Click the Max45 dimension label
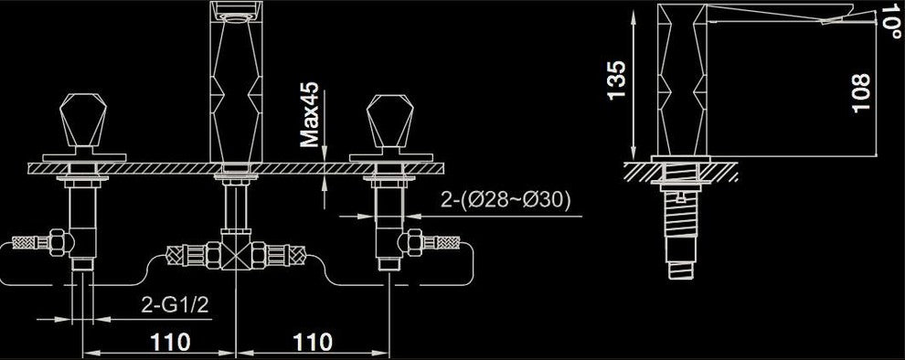pos(312,113)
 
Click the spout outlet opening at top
pos(236,11)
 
